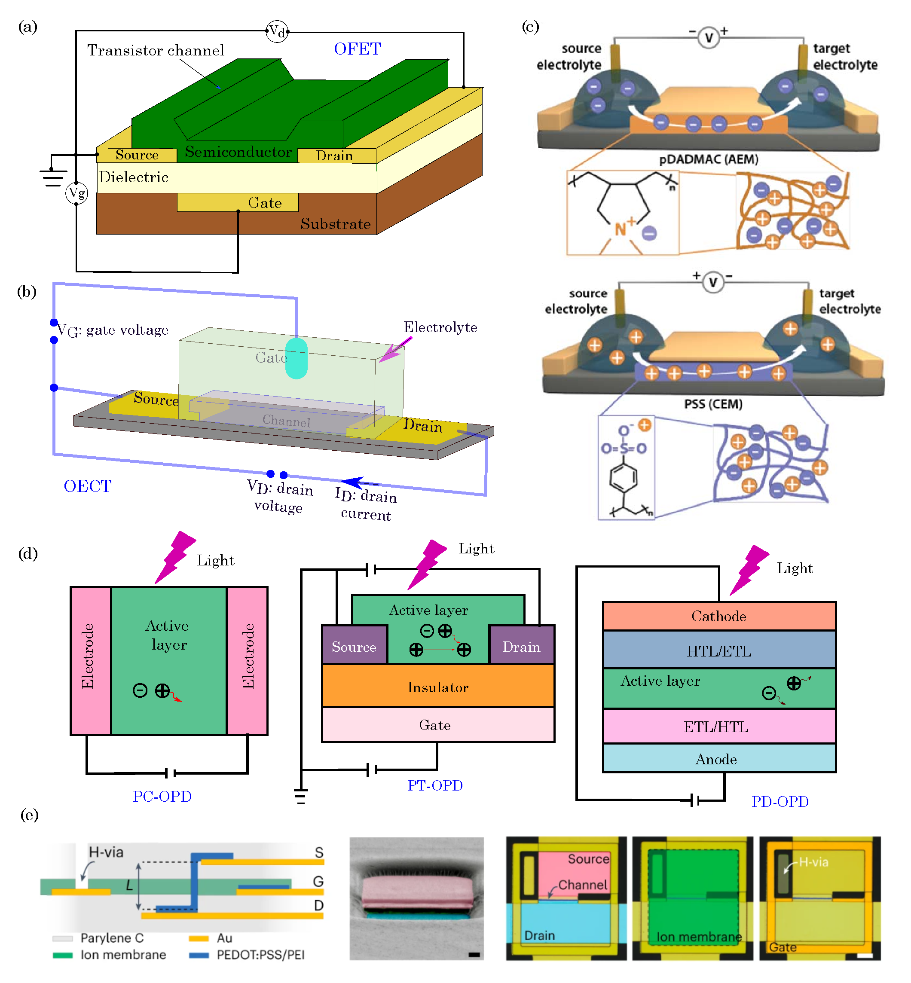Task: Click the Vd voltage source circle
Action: [x=277, y=31]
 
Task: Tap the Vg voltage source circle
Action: [x=76, y=193]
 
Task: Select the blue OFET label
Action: [x=357, y=49]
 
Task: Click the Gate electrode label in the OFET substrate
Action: [x=265, y=203]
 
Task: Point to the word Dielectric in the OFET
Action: [x=134, y=177]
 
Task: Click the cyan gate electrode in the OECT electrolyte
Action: [x=296, y=358]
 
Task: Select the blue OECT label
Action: [x=88, y=486]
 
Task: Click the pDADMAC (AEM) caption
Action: [x=709, y=159]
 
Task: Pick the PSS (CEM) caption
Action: [x=713, y=404]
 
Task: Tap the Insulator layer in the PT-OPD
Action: [x=438, y=687]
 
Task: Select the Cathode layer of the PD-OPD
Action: [x=719, y=616]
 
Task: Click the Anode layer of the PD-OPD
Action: [x=716, y=759]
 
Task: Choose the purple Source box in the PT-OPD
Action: [x=354, y=646]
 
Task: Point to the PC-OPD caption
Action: [x=162, y=796]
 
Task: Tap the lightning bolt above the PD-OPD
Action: [x=749, y=569]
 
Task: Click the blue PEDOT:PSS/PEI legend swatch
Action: [x=199, y=956]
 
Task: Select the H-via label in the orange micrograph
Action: [x=813, y=862]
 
